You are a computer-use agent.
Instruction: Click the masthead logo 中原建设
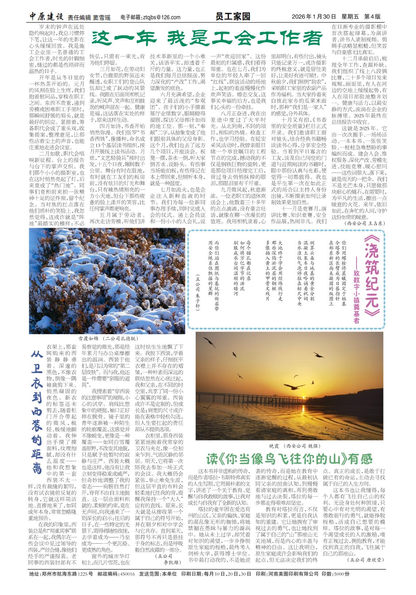tap(47, 17)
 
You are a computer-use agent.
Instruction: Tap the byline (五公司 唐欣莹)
tap(365, 560)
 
